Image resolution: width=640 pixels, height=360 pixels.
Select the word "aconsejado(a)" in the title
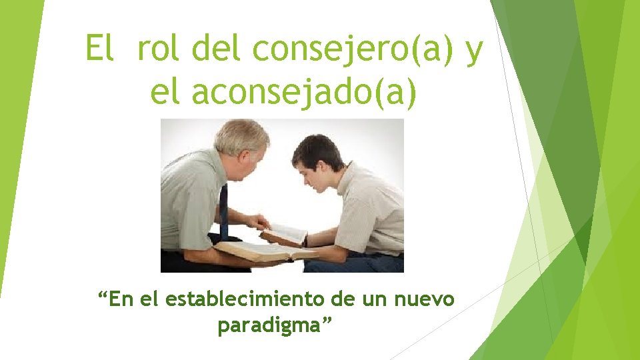pyautogui.click(x=305, y=93)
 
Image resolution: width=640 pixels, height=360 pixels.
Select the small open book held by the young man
pyautogui.click(x=285, y=234)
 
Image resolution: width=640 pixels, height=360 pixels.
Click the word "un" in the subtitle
pyautogui.click(x=376, y=300)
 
